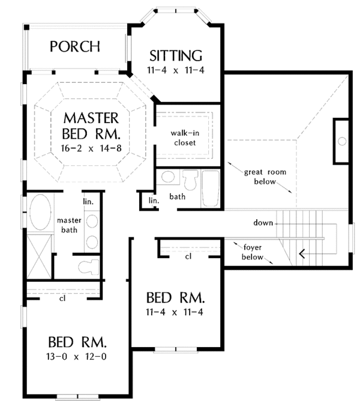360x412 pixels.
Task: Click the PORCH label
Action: [75, 46]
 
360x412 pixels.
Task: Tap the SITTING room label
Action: [176, 56]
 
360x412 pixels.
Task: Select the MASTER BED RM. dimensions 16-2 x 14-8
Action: [91, 148]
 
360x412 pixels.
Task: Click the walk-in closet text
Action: [185, 138]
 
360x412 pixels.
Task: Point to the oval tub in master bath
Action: [40, 213]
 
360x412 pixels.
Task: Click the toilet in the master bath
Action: [88, 266]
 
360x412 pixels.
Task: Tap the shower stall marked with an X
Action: [39, 256]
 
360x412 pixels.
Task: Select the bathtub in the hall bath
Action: [211, 189]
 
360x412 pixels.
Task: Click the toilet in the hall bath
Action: [190, 180]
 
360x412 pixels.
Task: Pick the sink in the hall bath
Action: [168, 177]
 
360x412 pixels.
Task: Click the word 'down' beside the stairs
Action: [263, 223]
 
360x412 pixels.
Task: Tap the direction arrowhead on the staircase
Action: [302, 254]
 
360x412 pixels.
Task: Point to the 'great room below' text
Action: [265, 177]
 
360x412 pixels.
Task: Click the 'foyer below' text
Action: [252, 252]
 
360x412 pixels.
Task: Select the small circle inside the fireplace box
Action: [342, 141]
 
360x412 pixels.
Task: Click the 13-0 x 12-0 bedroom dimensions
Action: [76, 357]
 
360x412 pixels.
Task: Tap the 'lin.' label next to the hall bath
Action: [154, 201]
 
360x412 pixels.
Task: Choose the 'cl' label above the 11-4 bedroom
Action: [188, 256]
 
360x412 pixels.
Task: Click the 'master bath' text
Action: [69, 225]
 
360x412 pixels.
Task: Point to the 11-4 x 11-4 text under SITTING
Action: [176, 70]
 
